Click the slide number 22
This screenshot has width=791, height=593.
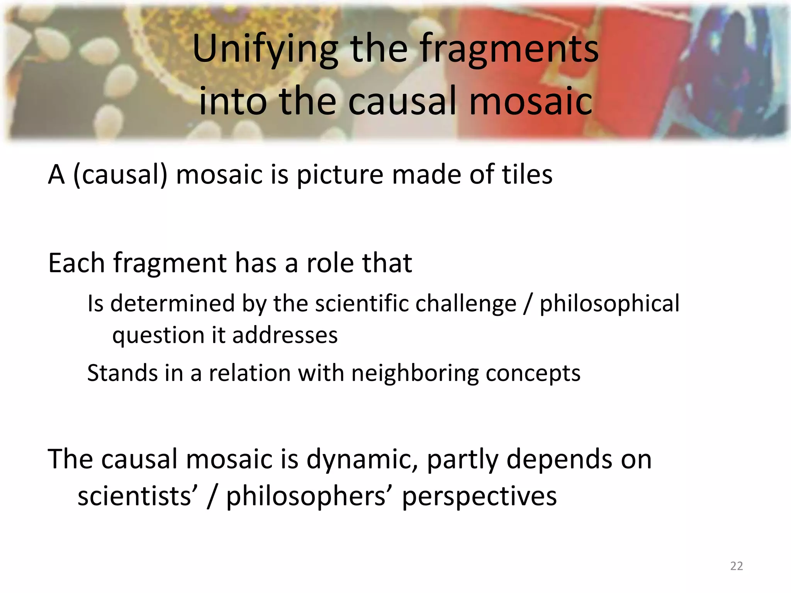pos(736,566)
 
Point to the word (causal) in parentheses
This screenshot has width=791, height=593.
pos(120,175)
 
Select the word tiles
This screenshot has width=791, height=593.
pos(527,175)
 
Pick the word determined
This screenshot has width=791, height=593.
pos(172,303)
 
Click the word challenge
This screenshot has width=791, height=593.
pos(465,303)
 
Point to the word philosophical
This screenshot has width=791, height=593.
pos(609,303)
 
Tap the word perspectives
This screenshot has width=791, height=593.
pos(479,496)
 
